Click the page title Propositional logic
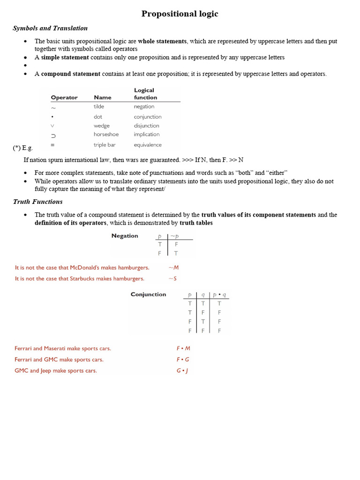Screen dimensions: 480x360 (180, 14)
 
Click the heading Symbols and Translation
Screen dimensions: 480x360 (50, 28)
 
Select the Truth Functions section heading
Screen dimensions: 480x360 (37, 202)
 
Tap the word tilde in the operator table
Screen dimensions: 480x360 (99, 106)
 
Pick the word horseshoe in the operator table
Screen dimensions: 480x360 (106, 135)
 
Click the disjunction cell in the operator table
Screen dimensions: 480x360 (147, 126)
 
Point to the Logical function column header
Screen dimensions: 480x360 (145, 94)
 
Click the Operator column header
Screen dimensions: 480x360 (64, 97)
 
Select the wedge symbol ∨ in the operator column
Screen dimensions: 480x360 (53, 126)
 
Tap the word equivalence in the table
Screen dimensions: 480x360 (148, 145)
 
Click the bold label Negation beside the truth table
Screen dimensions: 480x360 (125, 236)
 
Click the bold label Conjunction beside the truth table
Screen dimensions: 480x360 (148, 294)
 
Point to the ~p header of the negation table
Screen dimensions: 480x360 (175, 236)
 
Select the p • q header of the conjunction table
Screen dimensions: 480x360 (219, 295)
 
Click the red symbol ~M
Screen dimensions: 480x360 (173, 268)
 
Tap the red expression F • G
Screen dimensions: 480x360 (183, 360)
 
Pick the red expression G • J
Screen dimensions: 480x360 (182, 370)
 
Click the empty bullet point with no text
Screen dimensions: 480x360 (25, 66)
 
